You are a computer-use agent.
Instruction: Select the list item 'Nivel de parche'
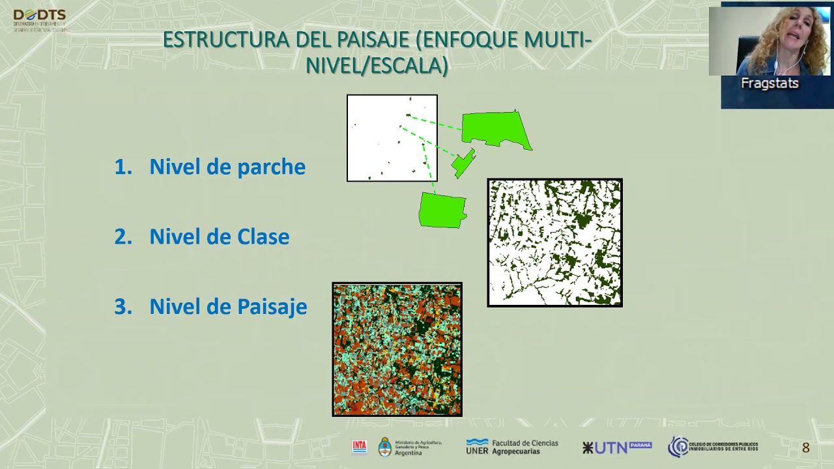tap(227, 167)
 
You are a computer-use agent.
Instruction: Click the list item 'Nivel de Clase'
tap(219, 237)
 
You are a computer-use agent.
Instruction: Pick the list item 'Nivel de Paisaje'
tap(228, 307)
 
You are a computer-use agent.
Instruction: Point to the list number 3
tap(122, 307)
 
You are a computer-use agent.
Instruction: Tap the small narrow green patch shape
tap(463, 163)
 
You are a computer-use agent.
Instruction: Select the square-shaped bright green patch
tap(442, 210)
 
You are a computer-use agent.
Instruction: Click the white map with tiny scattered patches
tap(392, 138)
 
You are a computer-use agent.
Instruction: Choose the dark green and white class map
tap(554, 242)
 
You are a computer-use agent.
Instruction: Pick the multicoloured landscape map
tap(397, 349)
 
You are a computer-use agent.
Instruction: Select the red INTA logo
tap(360, 447)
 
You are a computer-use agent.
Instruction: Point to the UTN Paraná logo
tap(616, 447)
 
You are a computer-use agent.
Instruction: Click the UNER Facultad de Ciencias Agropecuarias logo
tap(511, 447)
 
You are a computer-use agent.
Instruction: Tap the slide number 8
tap(805, 448)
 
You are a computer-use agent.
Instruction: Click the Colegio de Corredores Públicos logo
tap(712, 447)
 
